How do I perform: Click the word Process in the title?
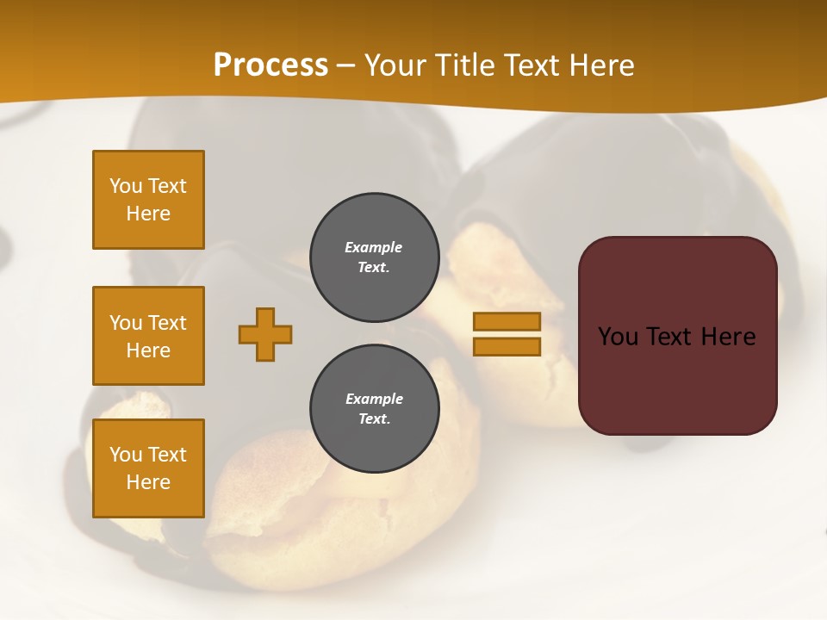tap(270, 65)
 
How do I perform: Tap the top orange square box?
tap(148, 200)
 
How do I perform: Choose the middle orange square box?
tap(148, 336)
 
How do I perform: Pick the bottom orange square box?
tap(148, 468)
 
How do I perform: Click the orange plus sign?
tap(265, 334)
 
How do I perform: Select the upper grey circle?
tap(374, 257)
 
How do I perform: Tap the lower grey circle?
tap(374, 409)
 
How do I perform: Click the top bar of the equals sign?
tap(507, 321)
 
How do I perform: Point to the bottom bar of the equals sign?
tap(507, 346)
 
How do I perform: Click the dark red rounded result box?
tap(677, 336)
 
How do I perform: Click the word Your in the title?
tap(395, 65)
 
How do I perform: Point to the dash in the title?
tap(345, 66)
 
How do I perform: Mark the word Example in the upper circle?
tap(374, 247)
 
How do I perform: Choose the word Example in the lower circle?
tap(374, 399)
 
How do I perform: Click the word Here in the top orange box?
tap(148, 214)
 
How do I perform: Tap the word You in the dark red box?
tap(619, 337)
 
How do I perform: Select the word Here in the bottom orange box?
tap(148, 482)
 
